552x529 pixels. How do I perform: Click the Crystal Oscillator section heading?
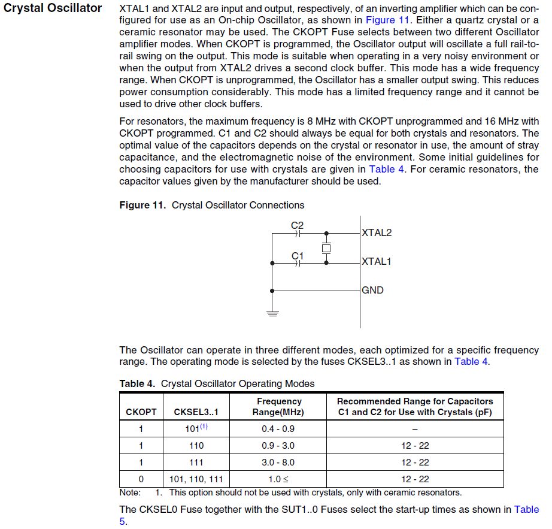(53, 8)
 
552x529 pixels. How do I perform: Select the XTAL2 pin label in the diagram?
(377, 232)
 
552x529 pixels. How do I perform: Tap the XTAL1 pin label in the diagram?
(377, 261)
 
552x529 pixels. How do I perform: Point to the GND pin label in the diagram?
(372, 290)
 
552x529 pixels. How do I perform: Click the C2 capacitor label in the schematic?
(298, 225)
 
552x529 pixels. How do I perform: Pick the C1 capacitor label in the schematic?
(298, 256)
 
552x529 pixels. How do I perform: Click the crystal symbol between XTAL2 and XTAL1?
(326, 247)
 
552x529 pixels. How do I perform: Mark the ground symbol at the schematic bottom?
(272, 312)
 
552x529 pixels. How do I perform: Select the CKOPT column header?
(141, 412)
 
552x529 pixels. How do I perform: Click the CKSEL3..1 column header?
(196, 412)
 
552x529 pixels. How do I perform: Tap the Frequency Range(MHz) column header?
(278, 407)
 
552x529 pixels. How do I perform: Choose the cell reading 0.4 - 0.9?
(278, 429)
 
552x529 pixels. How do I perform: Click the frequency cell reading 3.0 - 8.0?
(278, 463)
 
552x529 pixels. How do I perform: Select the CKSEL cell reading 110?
(196, 446)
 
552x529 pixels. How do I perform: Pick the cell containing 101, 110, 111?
(196, 479)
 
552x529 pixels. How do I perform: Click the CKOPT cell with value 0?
(141, 479)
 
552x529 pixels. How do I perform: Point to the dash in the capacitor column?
(415, 429)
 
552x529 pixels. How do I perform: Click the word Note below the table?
(130, 492)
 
